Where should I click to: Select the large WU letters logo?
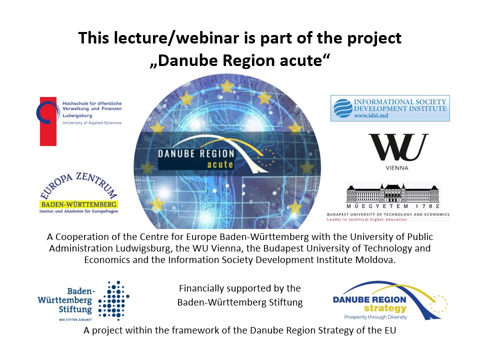tap(398, 147)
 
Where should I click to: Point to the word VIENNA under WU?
tap(397, 168)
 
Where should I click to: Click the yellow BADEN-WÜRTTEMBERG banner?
tap(78, 204)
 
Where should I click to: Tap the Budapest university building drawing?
tap(392, 192)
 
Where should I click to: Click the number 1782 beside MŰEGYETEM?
tap(427, 206)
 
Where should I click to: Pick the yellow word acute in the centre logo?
tap(220, 164)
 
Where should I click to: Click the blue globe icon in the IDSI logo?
tap(343, 108)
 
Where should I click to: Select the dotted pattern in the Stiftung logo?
tap(113, 300)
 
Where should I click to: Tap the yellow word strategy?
tap(385, 308)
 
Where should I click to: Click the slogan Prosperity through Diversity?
tap(375, 317)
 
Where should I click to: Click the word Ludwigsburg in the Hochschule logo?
tap(77, 115)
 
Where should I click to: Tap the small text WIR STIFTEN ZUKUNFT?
tap(75, 319)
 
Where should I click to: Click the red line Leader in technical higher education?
tap(366, 219)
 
